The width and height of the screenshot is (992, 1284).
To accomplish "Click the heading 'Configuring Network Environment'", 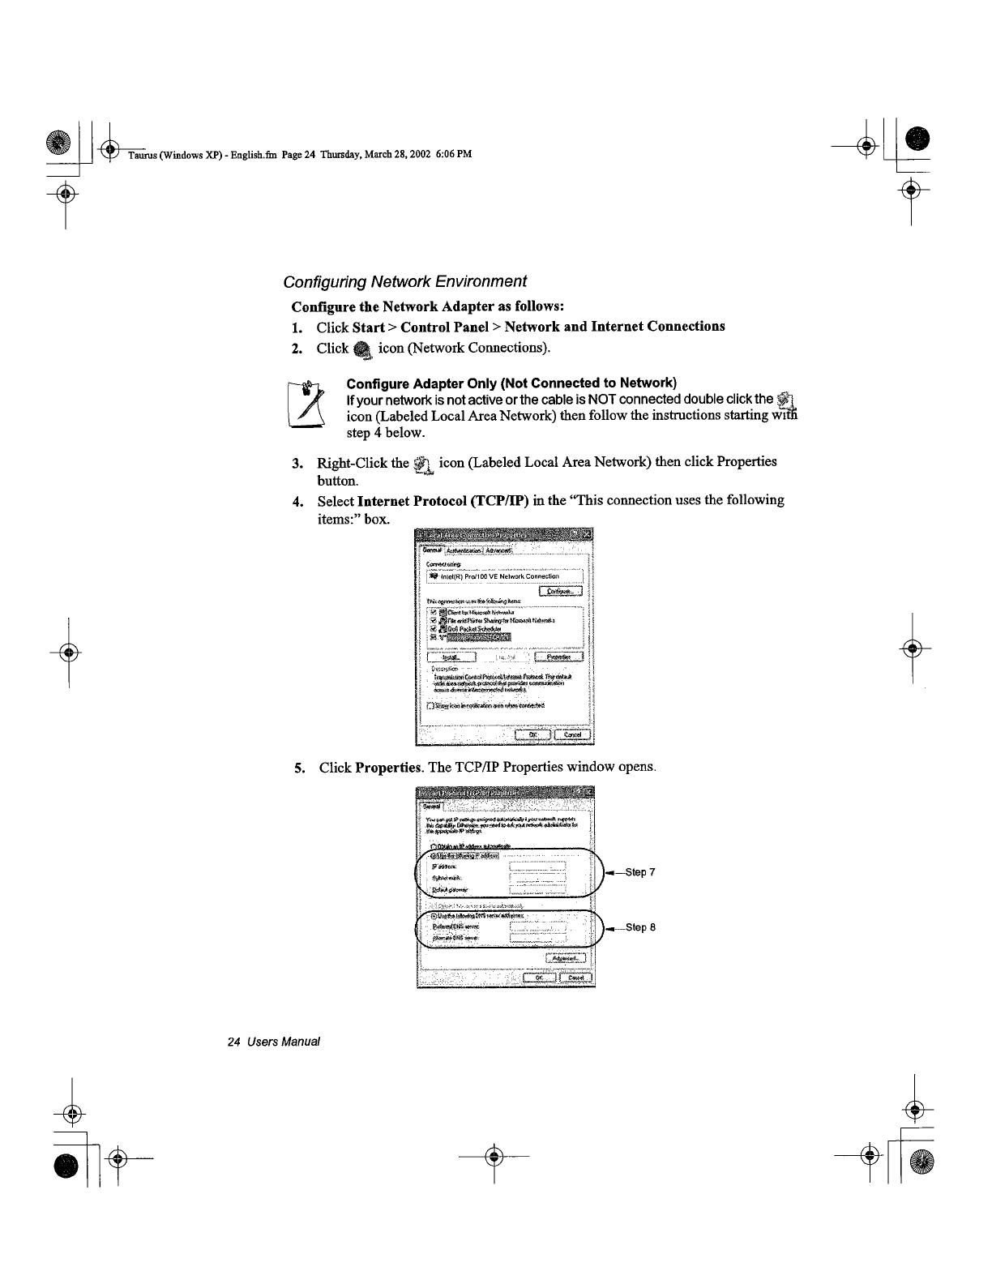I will point(404,281).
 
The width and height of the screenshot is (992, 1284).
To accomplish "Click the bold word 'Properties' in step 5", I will point(388,767).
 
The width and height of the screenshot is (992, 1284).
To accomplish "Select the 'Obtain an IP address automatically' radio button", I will point(434,847).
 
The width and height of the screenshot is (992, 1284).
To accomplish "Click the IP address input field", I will point(537,866).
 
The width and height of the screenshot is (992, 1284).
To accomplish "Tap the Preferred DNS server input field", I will point(537,927).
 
